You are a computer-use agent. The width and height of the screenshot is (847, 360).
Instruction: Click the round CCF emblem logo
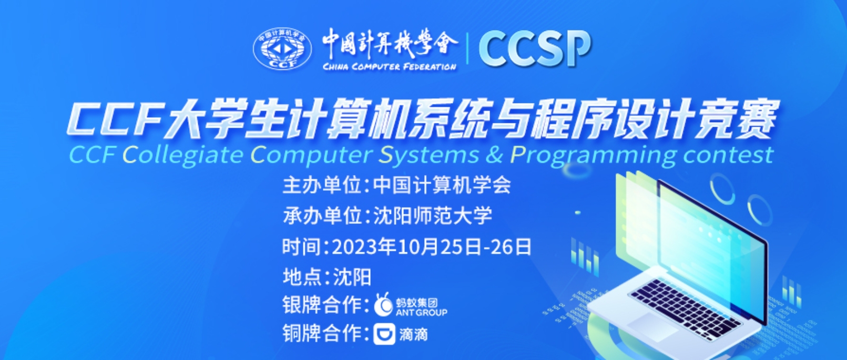point(282,49)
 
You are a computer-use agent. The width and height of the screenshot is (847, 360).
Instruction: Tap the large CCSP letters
point(535,48)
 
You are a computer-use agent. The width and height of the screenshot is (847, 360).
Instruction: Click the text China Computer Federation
point(390,67)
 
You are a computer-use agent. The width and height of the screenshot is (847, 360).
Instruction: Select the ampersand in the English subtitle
point(494,155)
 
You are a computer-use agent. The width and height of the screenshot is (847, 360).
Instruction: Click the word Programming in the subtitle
point(593,156)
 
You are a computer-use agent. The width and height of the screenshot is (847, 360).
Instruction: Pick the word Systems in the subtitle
point(429,156)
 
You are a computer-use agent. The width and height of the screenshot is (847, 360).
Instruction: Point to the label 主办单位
point(322,186)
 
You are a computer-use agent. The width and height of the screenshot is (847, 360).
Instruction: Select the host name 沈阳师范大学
point(433,215)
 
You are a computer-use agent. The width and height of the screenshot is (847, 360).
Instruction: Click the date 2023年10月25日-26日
point(432,246)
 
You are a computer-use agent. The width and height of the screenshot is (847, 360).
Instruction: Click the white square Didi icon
point(384,334)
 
